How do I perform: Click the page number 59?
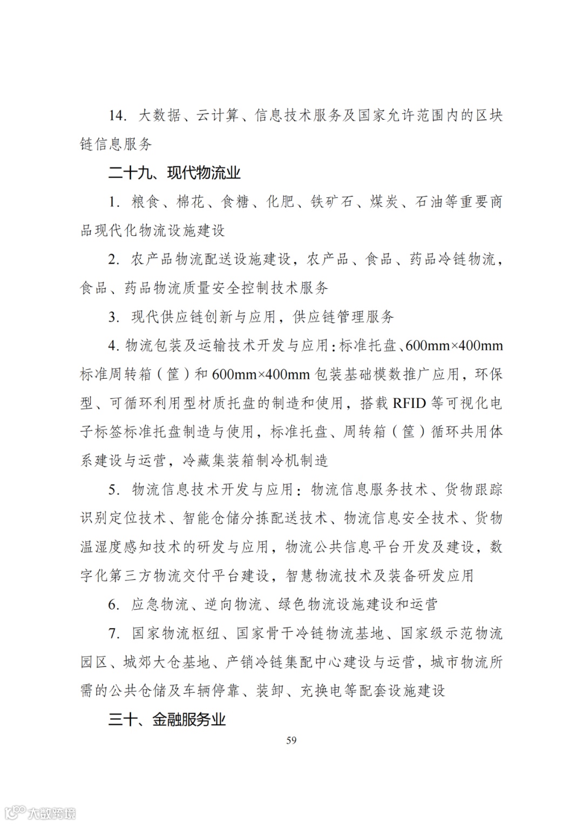coord(291,740)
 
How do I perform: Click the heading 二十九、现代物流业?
coord(174,173)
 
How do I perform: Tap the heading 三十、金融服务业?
coord(167,720)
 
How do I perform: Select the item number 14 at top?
coord(117,116)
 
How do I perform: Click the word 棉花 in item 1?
coord(191,202)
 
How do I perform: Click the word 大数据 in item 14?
coord(159,116)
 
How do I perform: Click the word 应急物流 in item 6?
coord(160,604)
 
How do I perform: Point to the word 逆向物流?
coord(233,604)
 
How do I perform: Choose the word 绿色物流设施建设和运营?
coord(358,604)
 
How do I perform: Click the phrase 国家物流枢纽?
coord(175,634)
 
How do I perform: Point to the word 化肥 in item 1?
coord(280,202)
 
